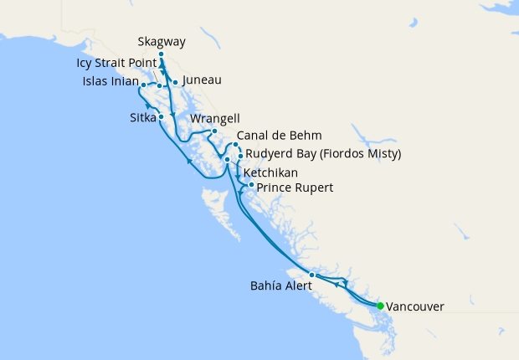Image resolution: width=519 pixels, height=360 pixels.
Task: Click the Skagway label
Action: pos(162,42)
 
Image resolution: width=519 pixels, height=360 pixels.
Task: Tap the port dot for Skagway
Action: pos(161,54)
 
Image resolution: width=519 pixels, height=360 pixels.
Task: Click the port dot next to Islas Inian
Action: pos(144,85)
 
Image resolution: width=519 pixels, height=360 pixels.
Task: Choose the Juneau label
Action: pos(201,80)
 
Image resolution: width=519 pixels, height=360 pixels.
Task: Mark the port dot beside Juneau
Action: pos(175,82)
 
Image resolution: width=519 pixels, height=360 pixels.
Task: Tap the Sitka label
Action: pos(143,117)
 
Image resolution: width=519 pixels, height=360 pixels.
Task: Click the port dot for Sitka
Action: pos(161,117)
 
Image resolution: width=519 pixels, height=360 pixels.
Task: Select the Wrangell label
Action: pos(215,119)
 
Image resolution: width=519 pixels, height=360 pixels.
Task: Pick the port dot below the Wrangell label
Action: pos(214,131)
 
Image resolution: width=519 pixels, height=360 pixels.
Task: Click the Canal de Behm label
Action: pos(279,136)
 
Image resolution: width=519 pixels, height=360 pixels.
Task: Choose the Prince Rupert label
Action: pos(295,188)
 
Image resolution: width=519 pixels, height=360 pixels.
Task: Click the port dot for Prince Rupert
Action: pos(251,184)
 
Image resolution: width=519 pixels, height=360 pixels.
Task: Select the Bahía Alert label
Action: pos(281,285)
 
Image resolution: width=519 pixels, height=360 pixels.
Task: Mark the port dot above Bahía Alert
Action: pos(311,275)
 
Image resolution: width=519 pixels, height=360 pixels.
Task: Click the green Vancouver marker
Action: pos(380,306)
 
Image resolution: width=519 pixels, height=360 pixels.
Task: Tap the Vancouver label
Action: pos(417,306)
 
